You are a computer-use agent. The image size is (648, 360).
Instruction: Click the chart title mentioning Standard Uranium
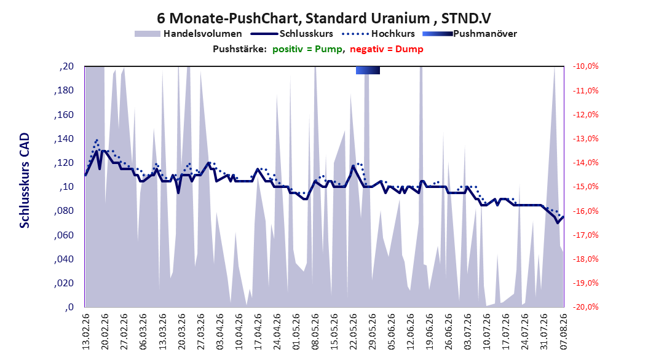pos(323,18)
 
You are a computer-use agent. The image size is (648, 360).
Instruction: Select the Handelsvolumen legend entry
pos(188,34)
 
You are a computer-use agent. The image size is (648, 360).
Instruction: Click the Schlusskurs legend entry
pos(292,34)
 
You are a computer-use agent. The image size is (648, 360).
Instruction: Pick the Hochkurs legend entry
pos(378,34)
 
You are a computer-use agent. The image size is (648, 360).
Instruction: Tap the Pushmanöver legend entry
pos(470,34)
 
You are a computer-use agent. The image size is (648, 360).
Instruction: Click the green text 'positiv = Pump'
pos(307,49)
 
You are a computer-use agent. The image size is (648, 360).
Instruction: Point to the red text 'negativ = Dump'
pos(387,49)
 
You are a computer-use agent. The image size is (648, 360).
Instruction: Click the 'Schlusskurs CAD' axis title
pos(25,181)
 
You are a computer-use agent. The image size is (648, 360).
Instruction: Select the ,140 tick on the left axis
pos(64,139)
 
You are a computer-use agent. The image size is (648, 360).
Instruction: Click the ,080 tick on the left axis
pos(64,211)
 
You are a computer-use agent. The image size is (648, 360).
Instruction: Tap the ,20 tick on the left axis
pos(66,66)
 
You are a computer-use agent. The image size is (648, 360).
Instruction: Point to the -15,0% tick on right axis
pos(585,187)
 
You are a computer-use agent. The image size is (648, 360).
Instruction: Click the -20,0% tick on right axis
pos(585,307)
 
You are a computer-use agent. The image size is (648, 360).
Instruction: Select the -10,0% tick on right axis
pos(585,66)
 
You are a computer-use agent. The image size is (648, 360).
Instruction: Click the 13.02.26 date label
pos(85,332)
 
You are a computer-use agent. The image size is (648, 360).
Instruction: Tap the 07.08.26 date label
pos(563,332)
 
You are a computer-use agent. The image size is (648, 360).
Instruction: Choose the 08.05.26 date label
pos(315,332)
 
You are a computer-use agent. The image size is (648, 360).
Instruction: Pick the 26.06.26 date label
pos(449,332)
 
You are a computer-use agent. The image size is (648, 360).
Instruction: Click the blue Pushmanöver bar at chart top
pos(368,70)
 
